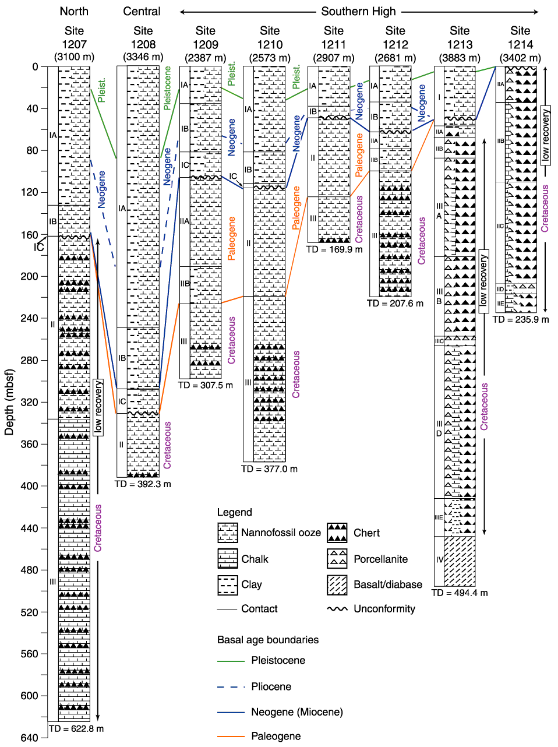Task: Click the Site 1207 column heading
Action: tap(74, 37)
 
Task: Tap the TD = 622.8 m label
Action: tap(76, 728)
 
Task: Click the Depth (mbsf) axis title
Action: tap(9, 402)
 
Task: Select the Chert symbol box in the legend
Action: tap(337, 532)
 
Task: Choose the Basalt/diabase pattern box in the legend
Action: tap(337, 585)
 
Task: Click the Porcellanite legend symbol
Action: tap(337, 558)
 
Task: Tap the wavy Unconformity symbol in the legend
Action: tap(337, 609)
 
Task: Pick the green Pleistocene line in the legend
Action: tap(231, 661)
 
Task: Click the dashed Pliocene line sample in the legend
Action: tap(231, 687)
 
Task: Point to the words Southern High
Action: tap(358, 12)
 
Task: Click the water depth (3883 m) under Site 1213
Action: tap(460, 58)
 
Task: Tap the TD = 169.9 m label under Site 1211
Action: tap(334, 249)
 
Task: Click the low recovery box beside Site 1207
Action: tap(98, 407)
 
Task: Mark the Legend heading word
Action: tap(234, 512)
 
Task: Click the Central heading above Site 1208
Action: tap(142, 12)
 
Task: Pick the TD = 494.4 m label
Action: tap(460, 593)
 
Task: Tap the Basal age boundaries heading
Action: tap(267, 640)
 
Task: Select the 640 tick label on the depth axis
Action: tap(30, 738)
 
